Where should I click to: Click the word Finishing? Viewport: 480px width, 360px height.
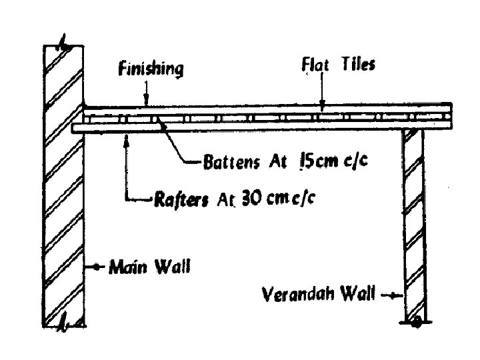[151, 69]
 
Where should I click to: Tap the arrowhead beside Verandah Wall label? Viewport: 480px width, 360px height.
[398, 295]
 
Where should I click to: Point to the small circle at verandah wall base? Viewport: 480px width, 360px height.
[415, 323]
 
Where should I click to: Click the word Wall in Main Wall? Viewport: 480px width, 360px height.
[173, 268]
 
